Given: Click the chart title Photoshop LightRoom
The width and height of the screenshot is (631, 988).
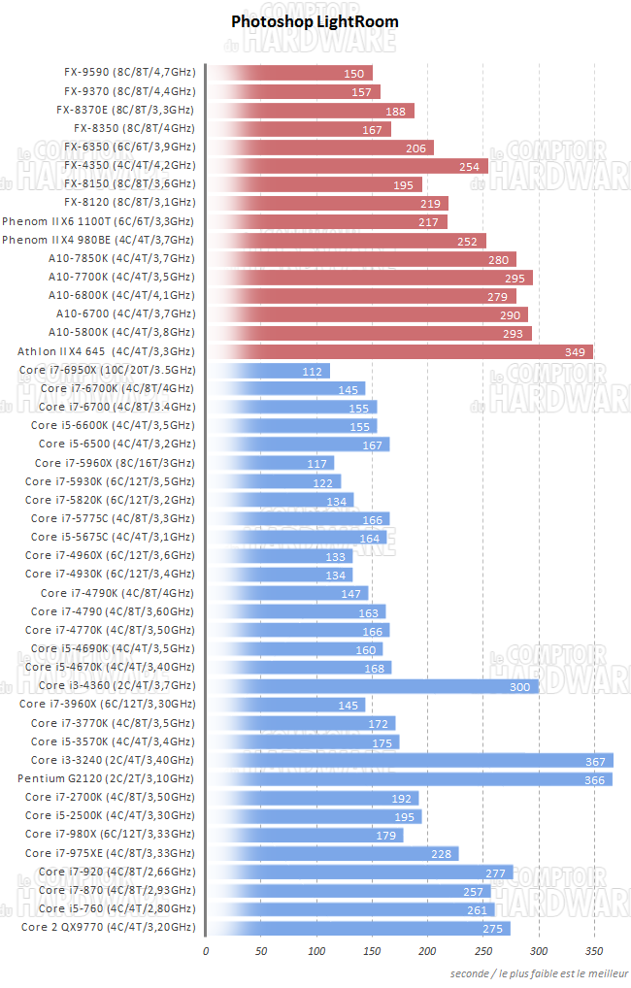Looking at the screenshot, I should pyautogui.click(x=315, y=21).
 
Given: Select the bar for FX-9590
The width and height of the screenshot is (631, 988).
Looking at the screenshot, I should pyautogui.click(x=289, y=73).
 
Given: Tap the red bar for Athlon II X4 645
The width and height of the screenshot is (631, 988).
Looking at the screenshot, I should pyautogui.click(x=399, y=351).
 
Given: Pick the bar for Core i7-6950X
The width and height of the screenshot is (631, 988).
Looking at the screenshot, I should pyautogui.click(x=268, y=371).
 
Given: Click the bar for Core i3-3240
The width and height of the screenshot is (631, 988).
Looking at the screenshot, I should pyautogui.click(x=410, y=760).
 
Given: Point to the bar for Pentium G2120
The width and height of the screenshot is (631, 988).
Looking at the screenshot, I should pyautogui.click(x=409, y=778).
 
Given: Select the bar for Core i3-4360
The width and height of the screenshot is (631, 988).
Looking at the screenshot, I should pyautogui.click(x=372, y=686).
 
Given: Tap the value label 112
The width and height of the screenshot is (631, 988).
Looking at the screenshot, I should pyautogui.click(x=313, y=372).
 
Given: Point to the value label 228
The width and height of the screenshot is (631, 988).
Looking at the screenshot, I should pyautogui.click(x=442, y=854).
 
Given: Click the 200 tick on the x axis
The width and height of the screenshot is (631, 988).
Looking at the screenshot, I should pyautogui.click(x=428, y=950).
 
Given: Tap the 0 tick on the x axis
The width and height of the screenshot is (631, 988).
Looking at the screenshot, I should pyautogui.click(x=206, y=950).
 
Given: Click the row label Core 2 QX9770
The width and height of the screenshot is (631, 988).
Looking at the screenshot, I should pyautogui.click(x=107, y=928).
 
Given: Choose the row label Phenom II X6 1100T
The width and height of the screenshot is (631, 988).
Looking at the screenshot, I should pyautogui.click(x=97, y=221).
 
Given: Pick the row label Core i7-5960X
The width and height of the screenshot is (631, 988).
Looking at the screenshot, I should pyautogui.click(x=115, y=463).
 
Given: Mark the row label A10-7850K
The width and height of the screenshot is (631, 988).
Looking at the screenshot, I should pyautogui.click(x=121, y=258).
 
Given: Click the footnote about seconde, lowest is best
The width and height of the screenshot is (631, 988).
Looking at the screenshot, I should pyautogui.click(x=539, y=972).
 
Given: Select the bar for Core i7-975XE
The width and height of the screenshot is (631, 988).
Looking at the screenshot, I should pyautogui.click(x=332, y=853).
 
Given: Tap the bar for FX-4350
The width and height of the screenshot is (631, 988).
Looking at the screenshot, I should pyautogui.click(x=347, y=165).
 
